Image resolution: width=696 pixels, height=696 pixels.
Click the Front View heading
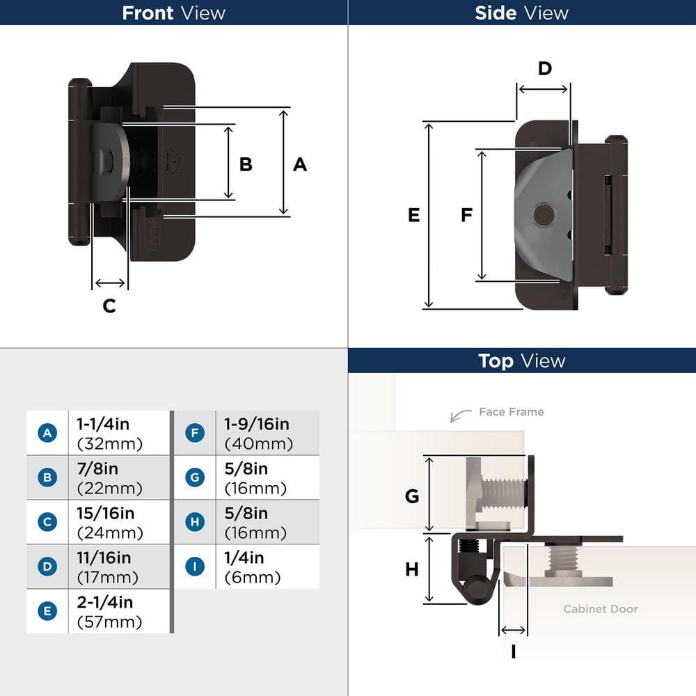(173, 13)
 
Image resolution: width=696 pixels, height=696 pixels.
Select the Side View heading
(521, 13)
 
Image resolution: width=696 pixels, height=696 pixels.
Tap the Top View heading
(521, 361)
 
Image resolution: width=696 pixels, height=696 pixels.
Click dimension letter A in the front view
(299, 164)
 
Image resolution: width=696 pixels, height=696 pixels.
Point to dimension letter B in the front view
(246, 164)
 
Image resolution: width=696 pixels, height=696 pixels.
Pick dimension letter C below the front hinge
(109, 306)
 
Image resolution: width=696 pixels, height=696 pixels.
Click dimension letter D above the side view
(544, 68)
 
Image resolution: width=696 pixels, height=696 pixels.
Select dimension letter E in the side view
(413, 215)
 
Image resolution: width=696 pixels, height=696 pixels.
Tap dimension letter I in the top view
(513, 651)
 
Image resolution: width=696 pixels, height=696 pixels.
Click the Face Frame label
(511, 412)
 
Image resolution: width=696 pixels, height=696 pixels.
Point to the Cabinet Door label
(600, 609)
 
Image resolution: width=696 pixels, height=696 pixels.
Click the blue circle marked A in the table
(47, 433)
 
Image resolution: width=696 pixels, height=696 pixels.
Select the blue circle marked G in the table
(195, 477)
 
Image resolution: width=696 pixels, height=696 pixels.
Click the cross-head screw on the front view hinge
(169, 162)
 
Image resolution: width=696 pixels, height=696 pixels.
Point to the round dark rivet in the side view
(543, 215)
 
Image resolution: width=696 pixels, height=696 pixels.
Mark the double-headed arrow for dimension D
(544, 89)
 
